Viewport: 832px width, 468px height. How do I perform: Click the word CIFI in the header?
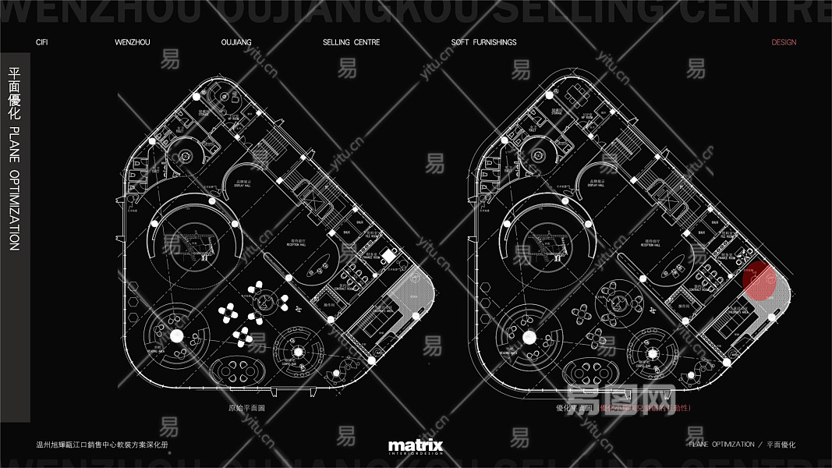[42, 42]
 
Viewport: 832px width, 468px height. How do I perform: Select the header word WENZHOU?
[132, 42]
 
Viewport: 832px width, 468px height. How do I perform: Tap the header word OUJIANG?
[236, 42]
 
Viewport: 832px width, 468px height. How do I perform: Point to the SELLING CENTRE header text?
[351, 42]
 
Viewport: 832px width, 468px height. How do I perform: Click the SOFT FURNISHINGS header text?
[483, 42]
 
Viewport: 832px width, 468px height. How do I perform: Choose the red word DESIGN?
[784, 42]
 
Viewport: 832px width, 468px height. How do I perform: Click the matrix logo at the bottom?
[416, 446]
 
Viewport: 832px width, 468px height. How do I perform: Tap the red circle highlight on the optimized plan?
[759, 282]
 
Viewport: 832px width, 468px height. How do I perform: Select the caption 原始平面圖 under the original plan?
[246, 407]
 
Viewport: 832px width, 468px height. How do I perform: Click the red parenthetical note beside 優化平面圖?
[644, 407]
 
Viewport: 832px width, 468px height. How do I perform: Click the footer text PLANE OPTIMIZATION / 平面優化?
[742, 445]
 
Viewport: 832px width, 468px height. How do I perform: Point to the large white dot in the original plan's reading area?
[176, 336]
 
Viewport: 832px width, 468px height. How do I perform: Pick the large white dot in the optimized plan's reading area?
[530, 337]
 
